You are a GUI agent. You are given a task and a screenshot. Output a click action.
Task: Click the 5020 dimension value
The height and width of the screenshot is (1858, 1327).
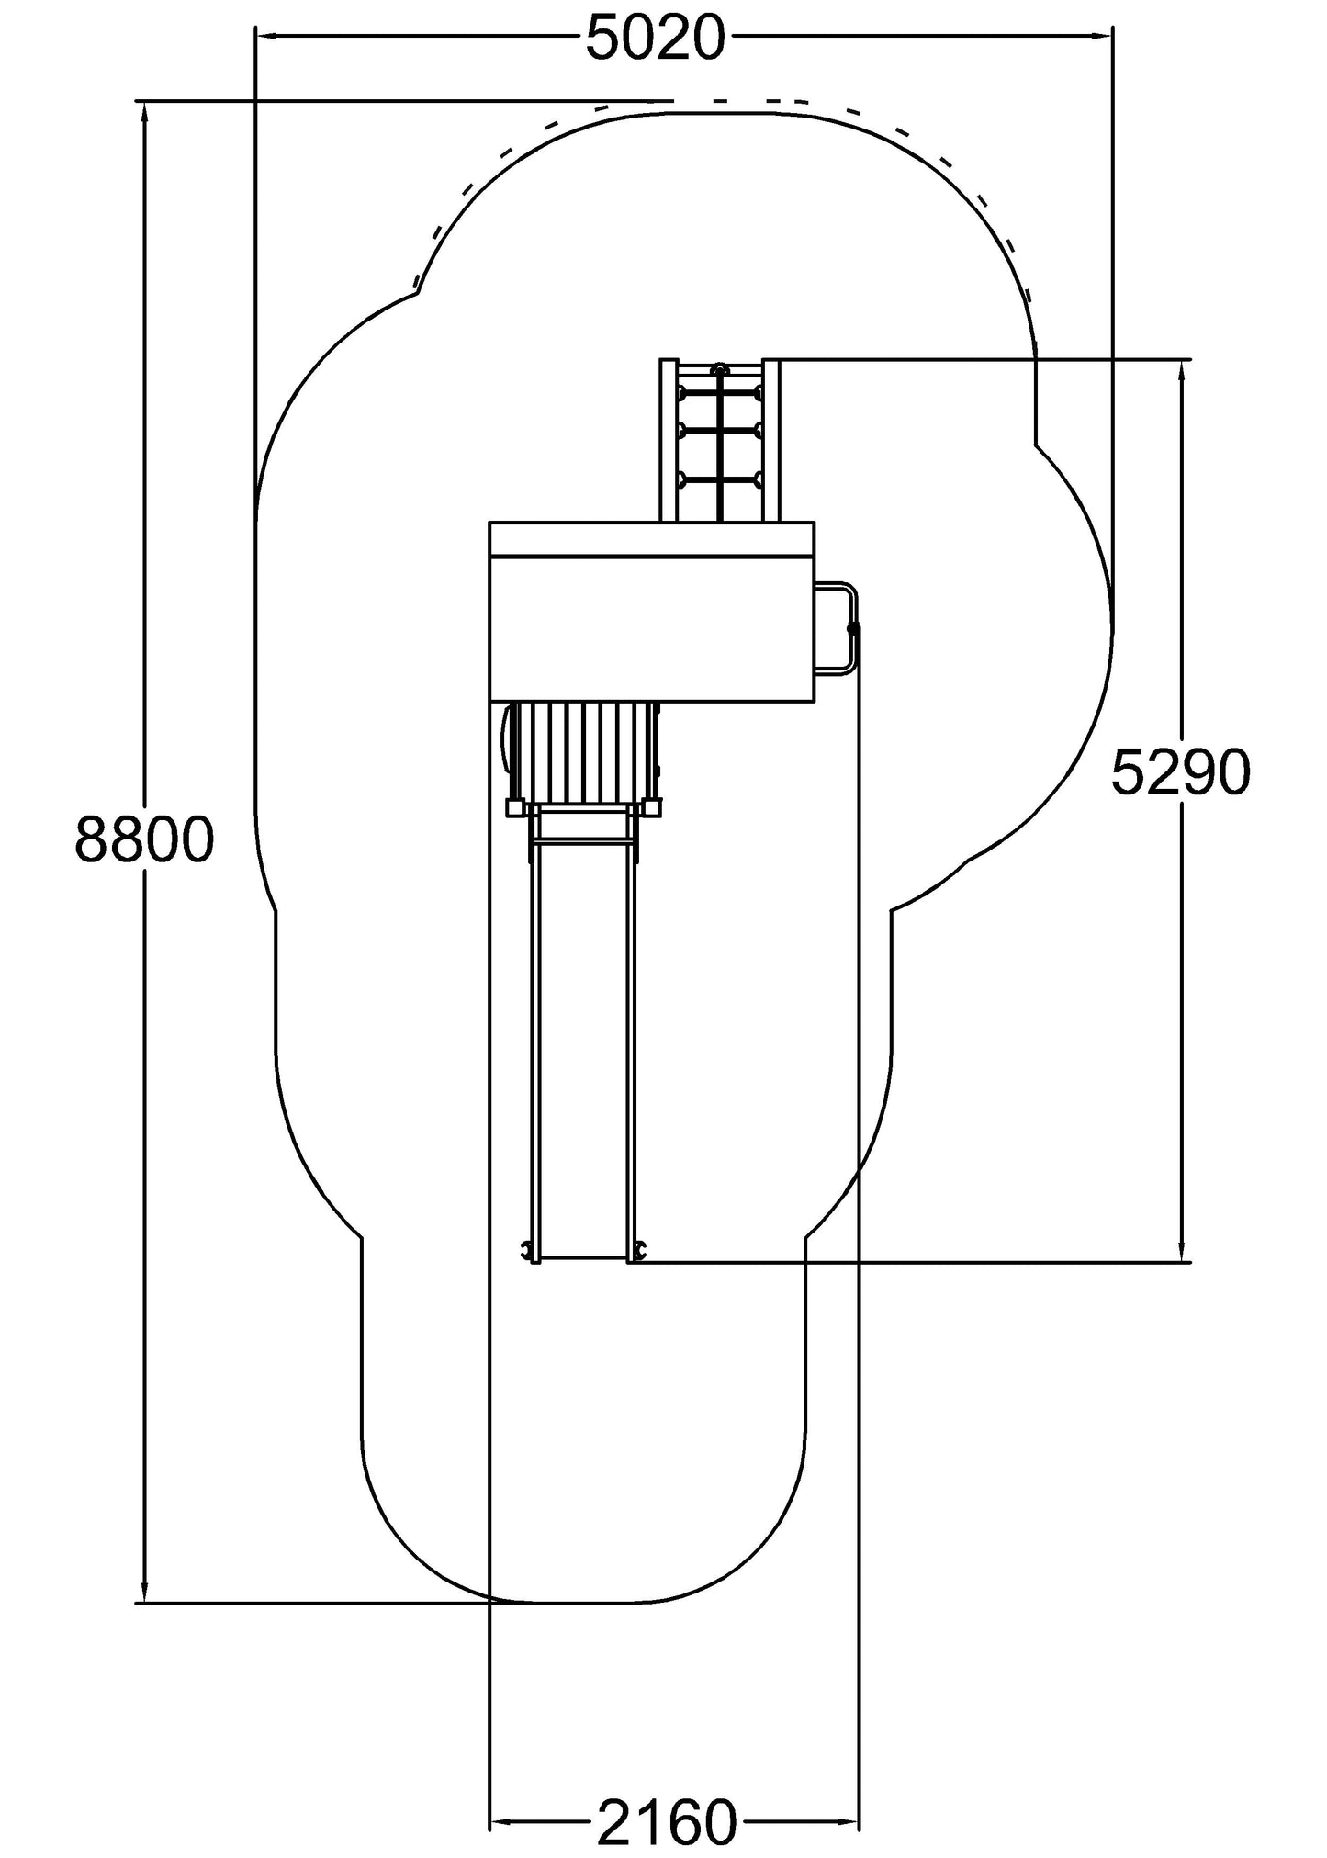pos(655,39)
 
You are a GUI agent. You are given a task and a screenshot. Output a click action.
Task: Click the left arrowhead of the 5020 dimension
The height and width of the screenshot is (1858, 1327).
pos(266,36)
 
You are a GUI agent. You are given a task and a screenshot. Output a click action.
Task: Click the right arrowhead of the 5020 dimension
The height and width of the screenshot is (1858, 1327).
pos(1102,36)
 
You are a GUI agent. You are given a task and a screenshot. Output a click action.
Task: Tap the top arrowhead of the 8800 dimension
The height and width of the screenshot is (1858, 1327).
pos(144,113)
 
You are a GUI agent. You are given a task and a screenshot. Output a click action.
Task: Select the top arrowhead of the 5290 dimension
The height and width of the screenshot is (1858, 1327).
pos(1181,372)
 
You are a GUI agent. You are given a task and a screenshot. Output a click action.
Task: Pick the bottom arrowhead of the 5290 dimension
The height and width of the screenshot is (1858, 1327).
pos(1181,1250)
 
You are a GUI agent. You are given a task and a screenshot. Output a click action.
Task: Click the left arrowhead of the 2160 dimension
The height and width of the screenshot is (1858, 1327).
pos(500,1821)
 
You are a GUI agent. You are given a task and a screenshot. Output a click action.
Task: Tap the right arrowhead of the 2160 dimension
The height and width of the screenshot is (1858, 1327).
pos(849,1821)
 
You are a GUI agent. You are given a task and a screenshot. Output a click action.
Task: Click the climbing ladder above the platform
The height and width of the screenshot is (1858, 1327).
pos(720,441)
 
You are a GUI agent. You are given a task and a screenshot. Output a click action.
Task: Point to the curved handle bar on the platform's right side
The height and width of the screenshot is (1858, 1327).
pos(843,628)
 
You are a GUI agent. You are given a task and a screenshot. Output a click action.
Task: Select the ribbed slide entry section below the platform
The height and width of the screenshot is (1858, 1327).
pos(585,751)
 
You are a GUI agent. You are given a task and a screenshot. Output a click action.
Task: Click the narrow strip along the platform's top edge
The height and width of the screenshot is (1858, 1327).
pos(652,538)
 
